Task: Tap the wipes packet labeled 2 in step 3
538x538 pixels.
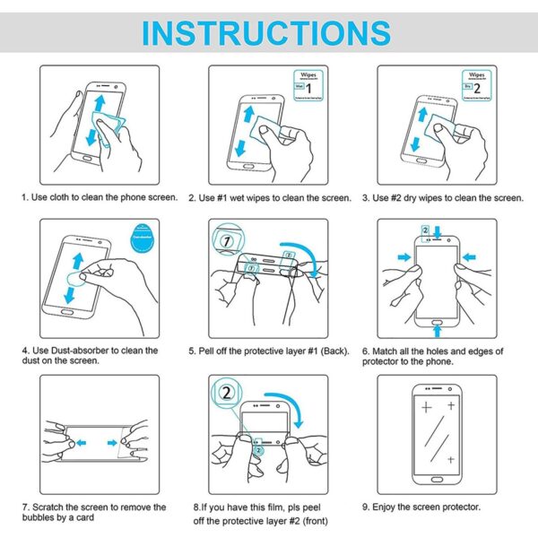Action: (x=472, y=84)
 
